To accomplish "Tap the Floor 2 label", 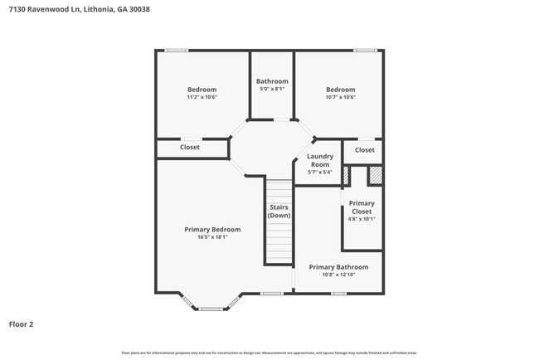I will pos(22,324).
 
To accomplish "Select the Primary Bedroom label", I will pos(212,229).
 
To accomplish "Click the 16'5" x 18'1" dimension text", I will pos(212,237).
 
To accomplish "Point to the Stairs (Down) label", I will pos(279,212).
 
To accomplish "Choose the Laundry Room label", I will pos(320,160).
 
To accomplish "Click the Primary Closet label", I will pos(362,207).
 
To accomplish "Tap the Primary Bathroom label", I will pos(338,267).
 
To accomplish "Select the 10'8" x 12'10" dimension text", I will pos(338,275).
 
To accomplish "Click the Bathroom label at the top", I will pos(272,81).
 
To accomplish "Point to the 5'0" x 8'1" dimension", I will pos(272,89).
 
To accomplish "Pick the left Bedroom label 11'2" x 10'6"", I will pos(202,97).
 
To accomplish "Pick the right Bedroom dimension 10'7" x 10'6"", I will pos(340,97).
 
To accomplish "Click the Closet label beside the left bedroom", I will pos(190,148).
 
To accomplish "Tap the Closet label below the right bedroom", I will pos(364,150).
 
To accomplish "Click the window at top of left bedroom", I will pos(176,51).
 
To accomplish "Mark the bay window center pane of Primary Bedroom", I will pos(211,309).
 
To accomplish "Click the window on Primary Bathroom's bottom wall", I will pos(361,293).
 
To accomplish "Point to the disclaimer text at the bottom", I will pos(269,353).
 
